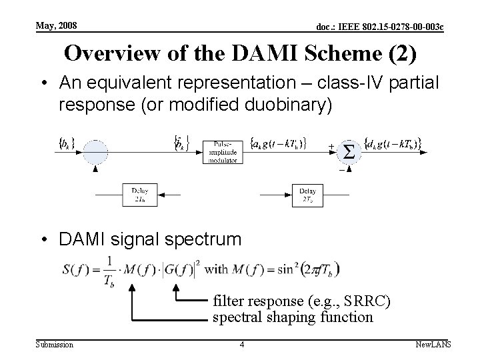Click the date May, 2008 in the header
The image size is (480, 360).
pos(57,25)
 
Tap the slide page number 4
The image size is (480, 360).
pos(241,344)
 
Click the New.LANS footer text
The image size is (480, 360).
pos(433,344)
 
